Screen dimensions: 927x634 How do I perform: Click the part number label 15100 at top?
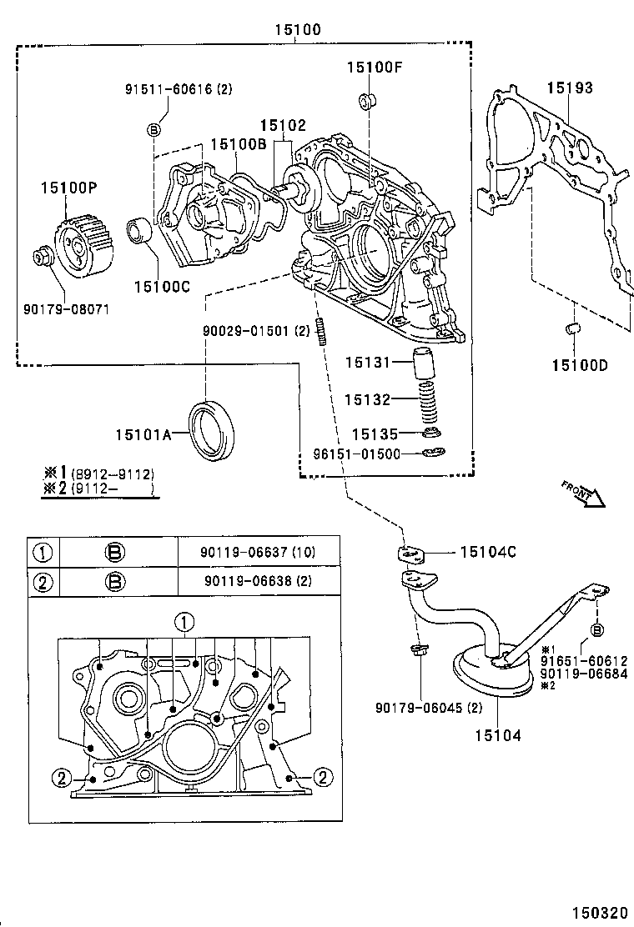[297, 30]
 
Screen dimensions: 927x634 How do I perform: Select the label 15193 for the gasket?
[570, 87]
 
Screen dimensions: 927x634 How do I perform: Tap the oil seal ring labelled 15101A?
[214, 429]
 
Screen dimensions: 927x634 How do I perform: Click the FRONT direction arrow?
[582, 494]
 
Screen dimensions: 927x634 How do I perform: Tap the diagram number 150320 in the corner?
[596, 913]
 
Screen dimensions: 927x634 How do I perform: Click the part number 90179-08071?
[67, 309]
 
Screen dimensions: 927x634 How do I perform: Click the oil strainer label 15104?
[498, 734]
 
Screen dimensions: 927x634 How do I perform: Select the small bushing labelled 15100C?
[139, 232]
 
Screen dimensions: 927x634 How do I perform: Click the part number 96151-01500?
[358, 454]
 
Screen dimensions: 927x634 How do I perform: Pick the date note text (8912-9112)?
[113, 474]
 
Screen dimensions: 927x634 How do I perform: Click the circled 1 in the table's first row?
[41, 551]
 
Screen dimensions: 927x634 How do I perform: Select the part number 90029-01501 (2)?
[256, 330]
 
